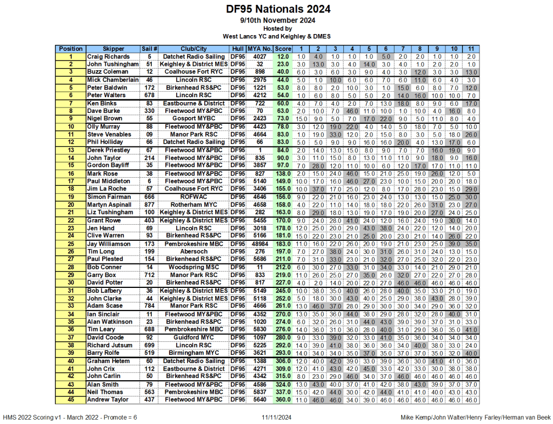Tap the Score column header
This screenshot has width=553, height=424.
coord(283,49)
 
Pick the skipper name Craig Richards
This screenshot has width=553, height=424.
coord(109,57)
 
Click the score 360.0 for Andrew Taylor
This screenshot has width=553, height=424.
coord(283,400)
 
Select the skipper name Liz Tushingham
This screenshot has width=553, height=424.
coord(110,212)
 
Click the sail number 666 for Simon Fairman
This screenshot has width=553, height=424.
coord(149,197)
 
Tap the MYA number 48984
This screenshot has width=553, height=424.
coord(260,244)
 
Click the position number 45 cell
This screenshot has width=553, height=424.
coord(70,400)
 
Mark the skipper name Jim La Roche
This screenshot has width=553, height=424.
coord(108,189)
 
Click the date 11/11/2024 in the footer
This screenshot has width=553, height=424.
coord(276,418)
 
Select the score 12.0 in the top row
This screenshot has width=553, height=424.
coord(283,57)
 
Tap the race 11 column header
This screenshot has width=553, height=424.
coord(471,49)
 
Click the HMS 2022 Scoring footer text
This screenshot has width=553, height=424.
coord(70,418)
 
